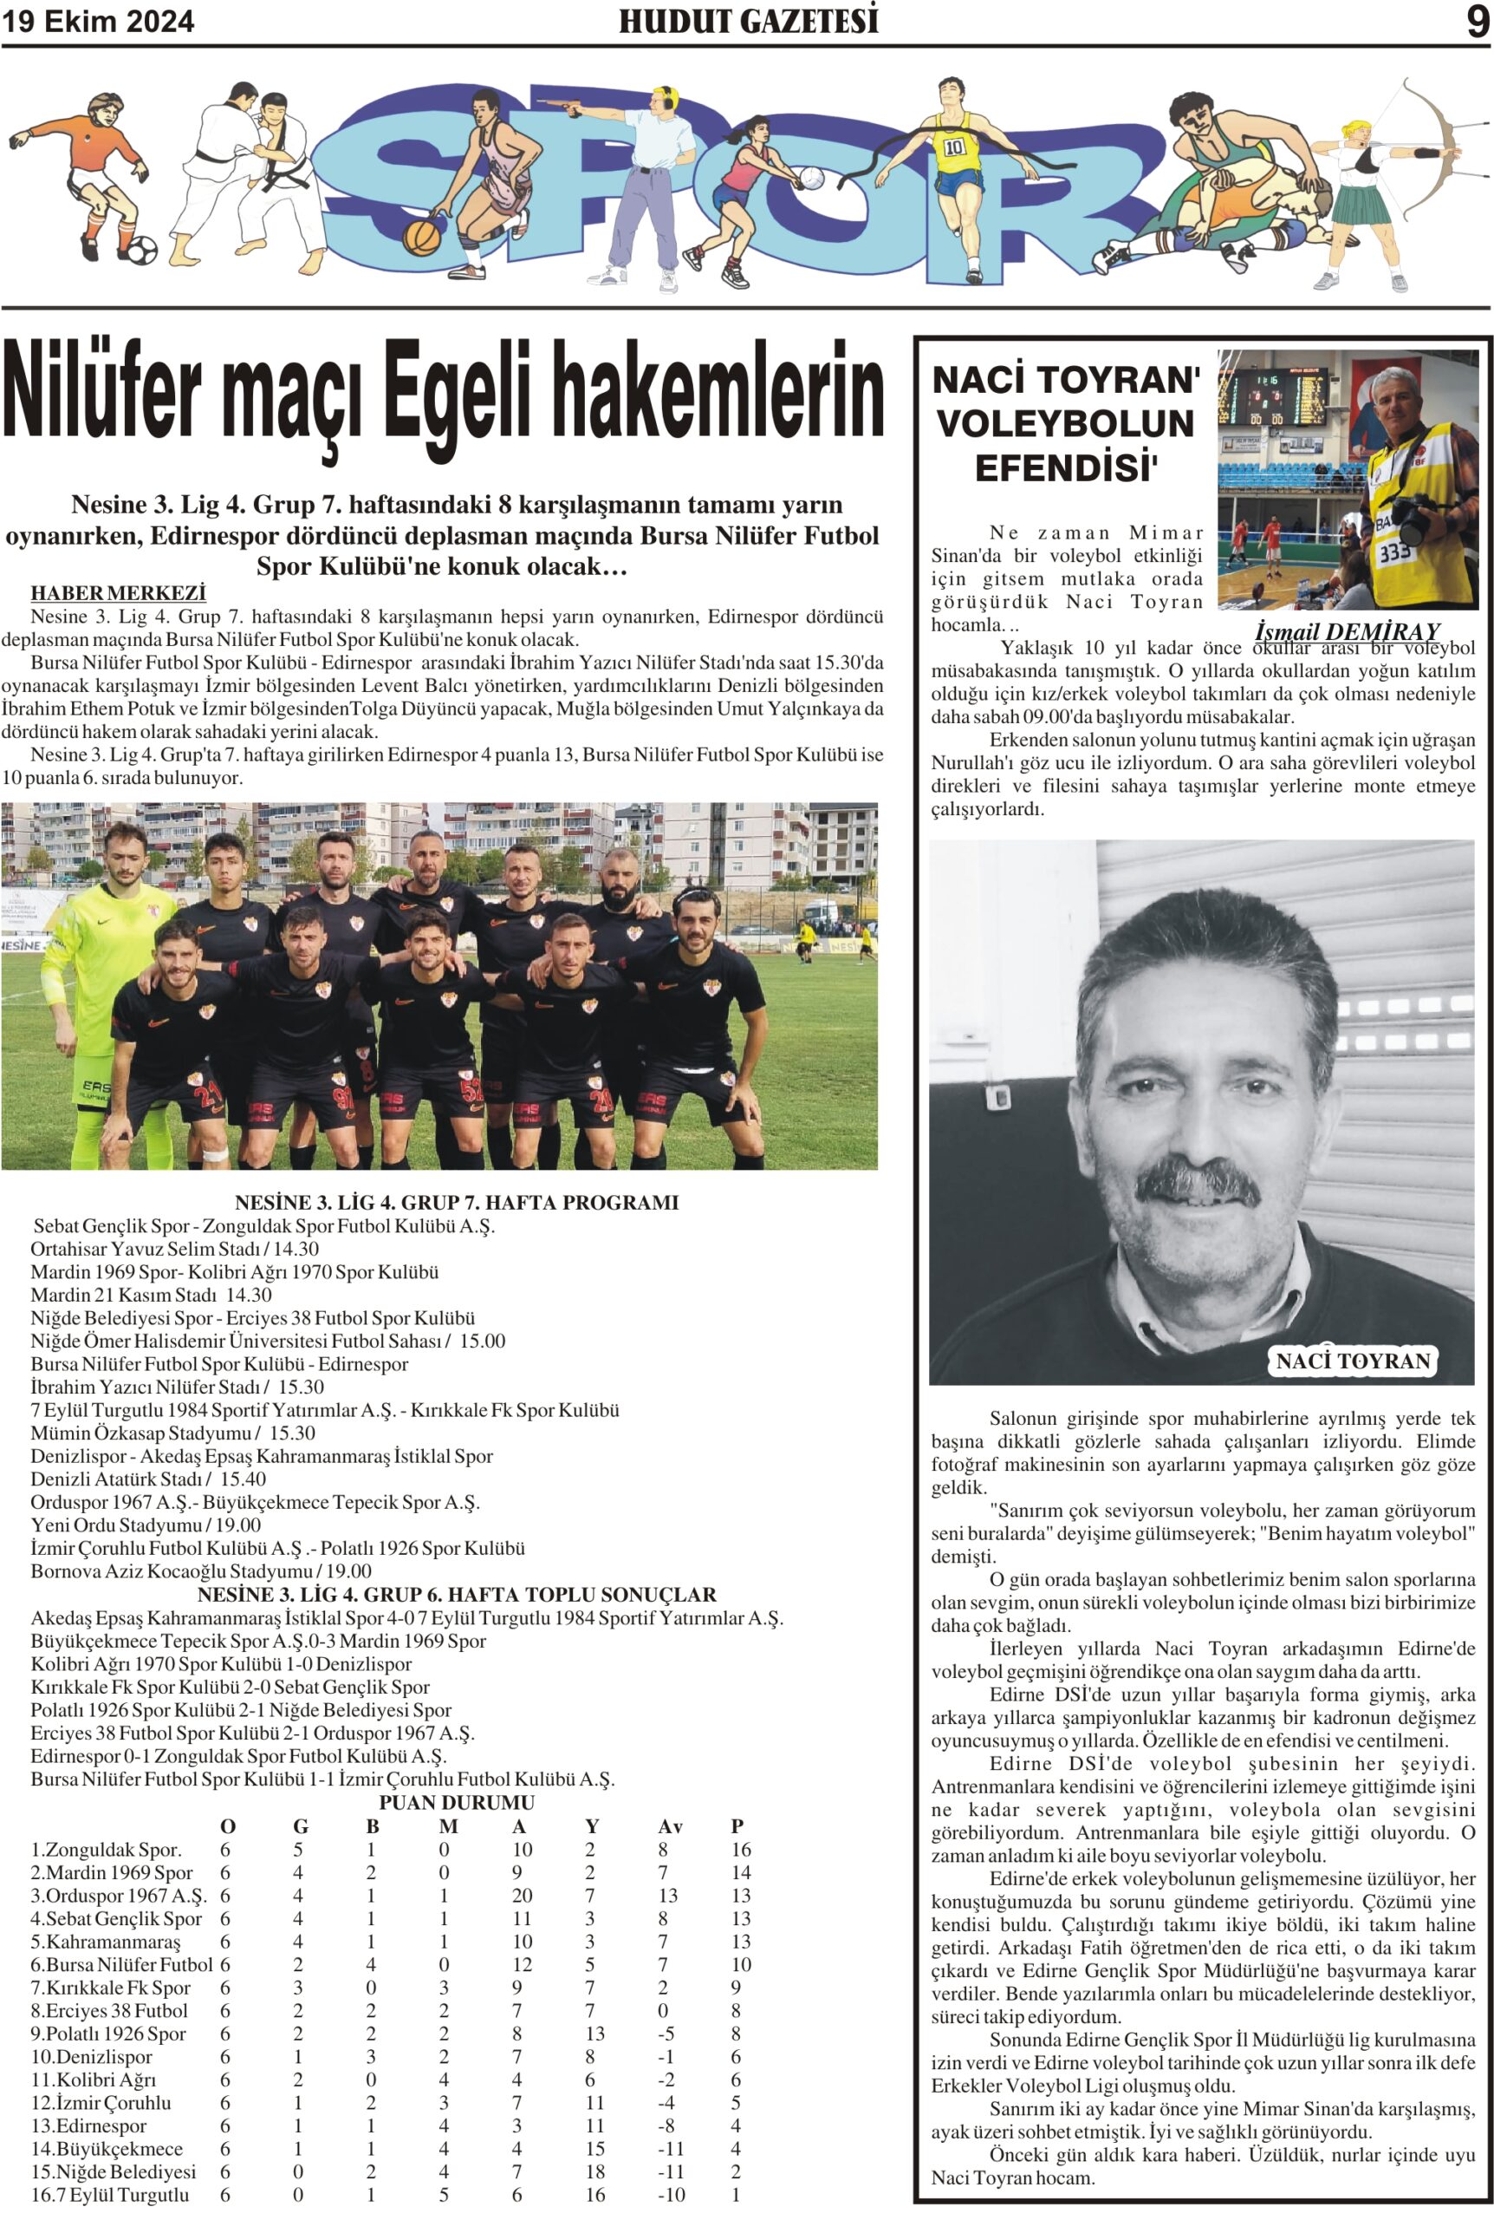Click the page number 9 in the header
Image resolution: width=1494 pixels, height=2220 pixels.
(1476, 21)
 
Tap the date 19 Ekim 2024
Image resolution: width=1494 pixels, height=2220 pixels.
(98, 21)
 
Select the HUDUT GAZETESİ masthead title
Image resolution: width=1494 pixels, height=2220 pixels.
(748, 21)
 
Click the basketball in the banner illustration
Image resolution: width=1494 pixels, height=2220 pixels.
(421, 237)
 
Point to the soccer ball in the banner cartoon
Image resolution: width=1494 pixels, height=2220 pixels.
(142, 251)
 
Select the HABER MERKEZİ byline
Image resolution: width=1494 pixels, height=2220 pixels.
(118, 593)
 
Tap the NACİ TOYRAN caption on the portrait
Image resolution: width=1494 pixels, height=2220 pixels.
(1353, 1361)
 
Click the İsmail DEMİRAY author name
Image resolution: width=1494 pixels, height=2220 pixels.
(1347, 632)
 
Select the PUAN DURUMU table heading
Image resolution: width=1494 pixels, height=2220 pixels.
(457, 1803)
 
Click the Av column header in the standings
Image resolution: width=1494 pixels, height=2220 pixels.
(670, 1826)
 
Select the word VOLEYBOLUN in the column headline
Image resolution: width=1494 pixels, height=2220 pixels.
(1065, 424)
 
